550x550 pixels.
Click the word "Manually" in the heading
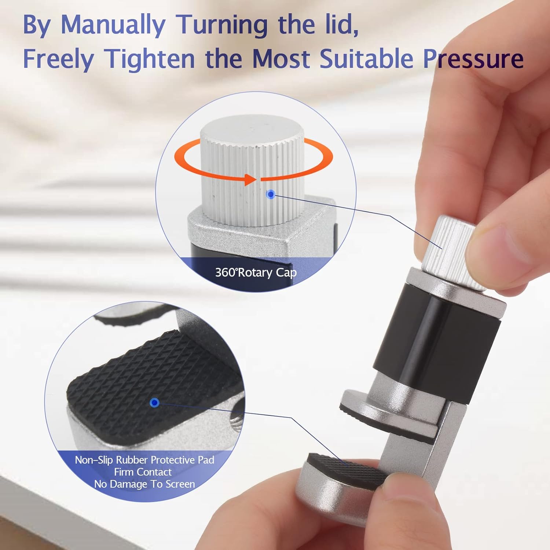point(113,25)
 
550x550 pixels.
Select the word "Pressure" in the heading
point(473,59)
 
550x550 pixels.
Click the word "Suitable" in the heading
point(366,59)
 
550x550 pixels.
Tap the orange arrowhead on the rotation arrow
point(250,179)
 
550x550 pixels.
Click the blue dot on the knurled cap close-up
point(271,194)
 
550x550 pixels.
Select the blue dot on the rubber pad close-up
point(155,403)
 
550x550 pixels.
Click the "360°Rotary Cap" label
point(256,272)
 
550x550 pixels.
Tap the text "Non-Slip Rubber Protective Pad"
point(144,460)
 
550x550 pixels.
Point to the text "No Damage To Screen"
point(144,484)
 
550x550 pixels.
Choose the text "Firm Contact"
point(143,472)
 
